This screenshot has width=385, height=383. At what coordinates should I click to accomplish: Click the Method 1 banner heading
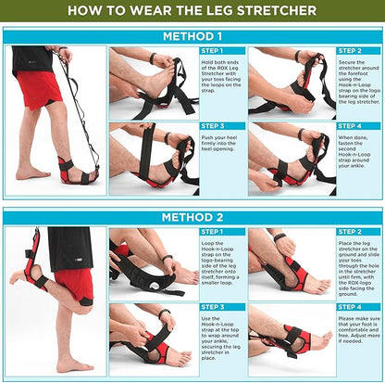coord(192,36)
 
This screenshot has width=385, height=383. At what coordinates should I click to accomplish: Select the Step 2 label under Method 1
coord(350,52)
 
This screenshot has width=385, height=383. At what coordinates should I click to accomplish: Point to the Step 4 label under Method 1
coord(350,125)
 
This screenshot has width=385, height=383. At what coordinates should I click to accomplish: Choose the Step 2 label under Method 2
coord(350,231)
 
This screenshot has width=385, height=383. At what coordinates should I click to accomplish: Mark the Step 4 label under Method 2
coord(350,305)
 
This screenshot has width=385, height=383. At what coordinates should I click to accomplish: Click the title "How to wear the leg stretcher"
coord(192,11)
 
